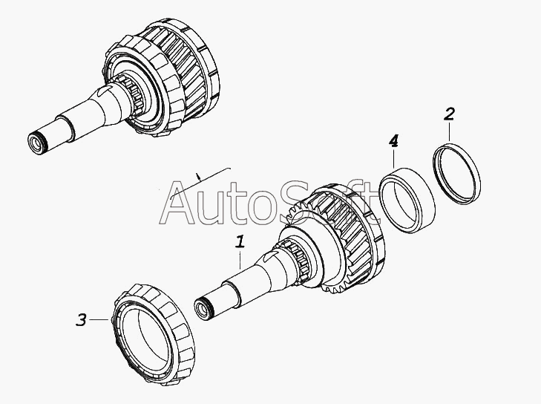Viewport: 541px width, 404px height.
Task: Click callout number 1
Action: pos(240,241)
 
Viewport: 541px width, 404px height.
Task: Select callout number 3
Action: pos(82,320)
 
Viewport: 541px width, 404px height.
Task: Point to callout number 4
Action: pos(393,140)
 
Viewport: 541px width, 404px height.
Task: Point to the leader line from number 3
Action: pos(101,320)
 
